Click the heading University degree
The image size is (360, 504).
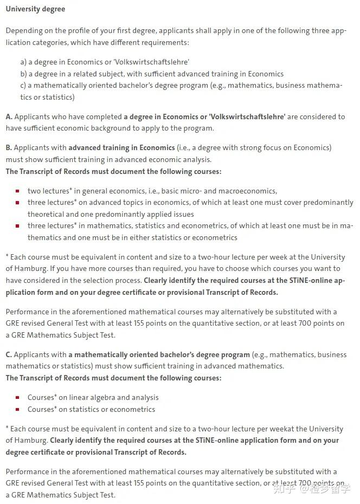tap(35, 9)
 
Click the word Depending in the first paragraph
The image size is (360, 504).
tap(25, 31)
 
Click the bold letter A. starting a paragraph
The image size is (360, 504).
tap(9, 117)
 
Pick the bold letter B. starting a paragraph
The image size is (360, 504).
tap(9, 147)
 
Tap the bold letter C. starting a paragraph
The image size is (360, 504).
tap(9, 354)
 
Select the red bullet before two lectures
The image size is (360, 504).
tap(17, 191)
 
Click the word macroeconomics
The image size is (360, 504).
tap(249, 191)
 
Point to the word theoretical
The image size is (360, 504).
tap(47, 214)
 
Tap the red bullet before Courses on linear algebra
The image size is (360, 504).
tap(17, 398)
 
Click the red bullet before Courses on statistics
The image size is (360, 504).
tap(17, 410)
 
